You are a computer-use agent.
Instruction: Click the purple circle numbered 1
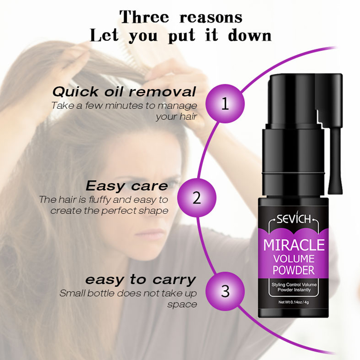(225, 104)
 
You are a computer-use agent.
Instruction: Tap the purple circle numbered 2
(197, 198)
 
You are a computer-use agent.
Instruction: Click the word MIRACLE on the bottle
(294, 245)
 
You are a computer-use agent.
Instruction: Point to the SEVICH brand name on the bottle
(294, 219)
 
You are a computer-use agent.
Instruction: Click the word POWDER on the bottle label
(294, 270)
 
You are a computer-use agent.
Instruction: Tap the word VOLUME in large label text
(294, 259)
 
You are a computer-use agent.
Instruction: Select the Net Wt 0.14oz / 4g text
(294, 302)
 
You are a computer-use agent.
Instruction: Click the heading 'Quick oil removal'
(124, 92)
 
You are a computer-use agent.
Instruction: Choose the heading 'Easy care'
(127, 186)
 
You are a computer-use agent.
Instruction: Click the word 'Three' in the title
(144, 17)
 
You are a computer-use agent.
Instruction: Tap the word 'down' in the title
(250, 36)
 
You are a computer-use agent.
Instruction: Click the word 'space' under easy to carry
(182, 305)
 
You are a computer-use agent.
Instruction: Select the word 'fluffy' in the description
(100, 200)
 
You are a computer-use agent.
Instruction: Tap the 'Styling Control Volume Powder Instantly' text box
(294, 287)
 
